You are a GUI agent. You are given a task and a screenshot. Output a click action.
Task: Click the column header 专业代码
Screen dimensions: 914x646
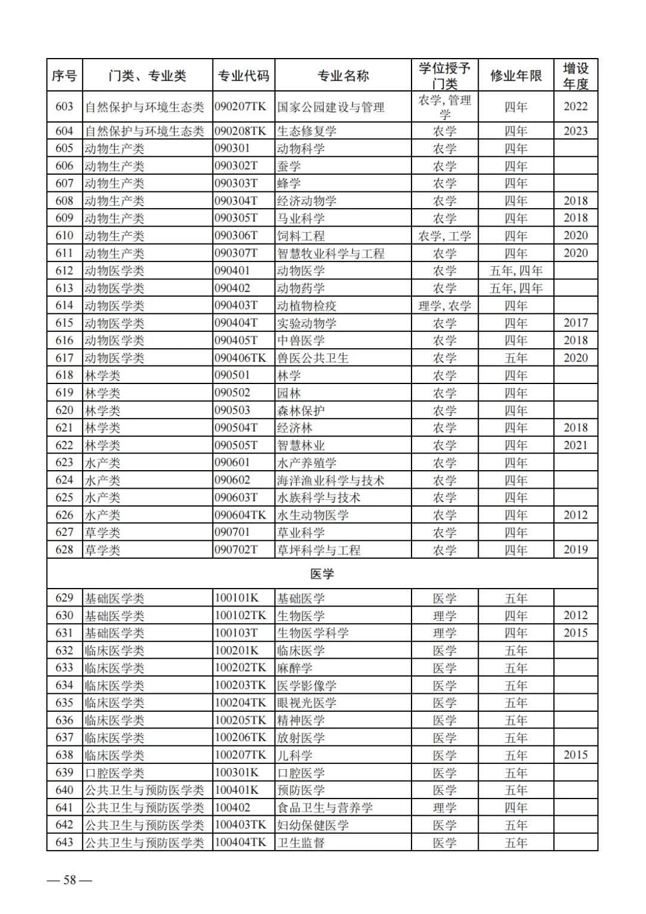click(243, 75)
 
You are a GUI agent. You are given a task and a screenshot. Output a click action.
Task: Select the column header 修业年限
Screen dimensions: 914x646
click(516, 75)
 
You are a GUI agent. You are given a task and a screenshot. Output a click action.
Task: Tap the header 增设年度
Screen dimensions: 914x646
click(575, 75)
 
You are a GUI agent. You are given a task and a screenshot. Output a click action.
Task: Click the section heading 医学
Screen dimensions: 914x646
click(322, 574)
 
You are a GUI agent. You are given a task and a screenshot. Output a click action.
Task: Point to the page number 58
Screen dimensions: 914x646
click(70, 879)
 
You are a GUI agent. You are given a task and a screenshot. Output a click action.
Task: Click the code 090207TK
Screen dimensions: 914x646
click(240, 106)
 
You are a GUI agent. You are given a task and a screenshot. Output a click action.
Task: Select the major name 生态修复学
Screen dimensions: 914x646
click(307, 131)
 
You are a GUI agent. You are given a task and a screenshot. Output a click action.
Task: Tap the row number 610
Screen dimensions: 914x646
click(65, 236)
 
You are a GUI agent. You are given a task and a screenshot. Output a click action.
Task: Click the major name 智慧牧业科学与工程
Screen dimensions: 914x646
click(331, 253)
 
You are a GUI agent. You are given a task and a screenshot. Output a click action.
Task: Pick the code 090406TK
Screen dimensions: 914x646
click(240, 358)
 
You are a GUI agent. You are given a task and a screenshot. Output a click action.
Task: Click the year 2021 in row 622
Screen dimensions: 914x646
click(575, 445)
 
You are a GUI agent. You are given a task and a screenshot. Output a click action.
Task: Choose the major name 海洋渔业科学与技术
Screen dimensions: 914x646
click(331, 480)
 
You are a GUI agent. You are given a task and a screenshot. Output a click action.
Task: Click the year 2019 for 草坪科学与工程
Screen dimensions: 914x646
click(575, 550)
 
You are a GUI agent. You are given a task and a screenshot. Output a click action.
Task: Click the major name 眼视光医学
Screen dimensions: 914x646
click(307, 703)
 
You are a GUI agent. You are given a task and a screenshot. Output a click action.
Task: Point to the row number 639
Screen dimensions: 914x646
click(65, 773)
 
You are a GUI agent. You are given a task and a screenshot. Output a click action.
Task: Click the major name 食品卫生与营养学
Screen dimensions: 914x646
click(325, 808)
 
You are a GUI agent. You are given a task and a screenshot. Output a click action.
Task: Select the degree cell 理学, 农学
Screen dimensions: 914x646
click(444, 306)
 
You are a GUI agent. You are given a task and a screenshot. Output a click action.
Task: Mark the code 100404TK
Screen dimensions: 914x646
click(240, 842)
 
